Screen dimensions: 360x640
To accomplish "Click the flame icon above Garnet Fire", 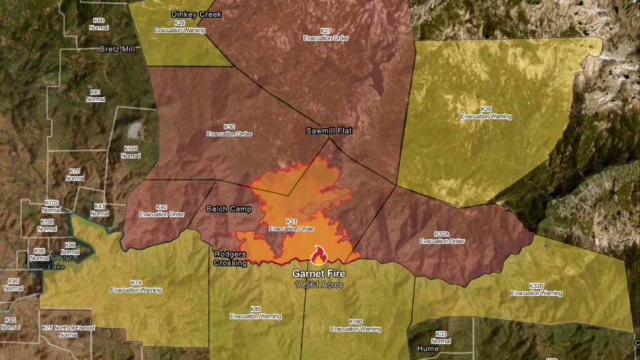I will point(319,255).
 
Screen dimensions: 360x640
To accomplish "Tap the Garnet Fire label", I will point(319,274).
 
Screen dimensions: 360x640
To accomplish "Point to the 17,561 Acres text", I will point(319,284).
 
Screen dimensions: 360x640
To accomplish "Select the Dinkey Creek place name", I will point(196,14).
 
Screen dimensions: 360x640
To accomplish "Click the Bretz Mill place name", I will point(117,49).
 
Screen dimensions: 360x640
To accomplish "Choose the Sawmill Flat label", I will point(329,131).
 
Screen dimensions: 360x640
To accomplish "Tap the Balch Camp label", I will point(229,209).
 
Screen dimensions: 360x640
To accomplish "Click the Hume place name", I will point(428,349).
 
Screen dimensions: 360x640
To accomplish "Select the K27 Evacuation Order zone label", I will point(326,34).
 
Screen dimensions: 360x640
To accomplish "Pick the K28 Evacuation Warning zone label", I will point(486,113).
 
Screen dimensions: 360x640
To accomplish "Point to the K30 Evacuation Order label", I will point(229,130).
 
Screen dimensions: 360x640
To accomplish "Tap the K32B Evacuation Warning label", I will point(536,289).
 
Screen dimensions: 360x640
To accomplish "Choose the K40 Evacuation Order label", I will point(162,211).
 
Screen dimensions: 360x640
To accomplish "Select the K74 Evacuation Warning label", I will point(136,286).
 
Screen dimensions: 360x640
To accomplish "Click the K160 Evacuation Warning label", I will point(356,325).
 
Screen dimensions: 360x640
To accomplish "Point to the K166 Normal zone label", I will point(131,152).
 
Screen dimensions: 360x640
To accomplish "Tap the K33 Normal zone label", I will point(441,337).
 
